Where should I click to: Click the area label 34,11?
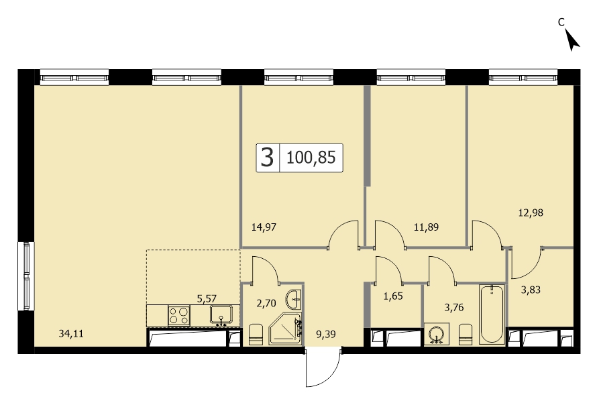coord(71,334)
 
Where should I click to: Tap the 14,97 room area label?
coord(264,227)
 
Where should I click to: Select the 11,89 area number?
coord(426,227)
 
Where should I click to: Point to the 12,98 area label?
coord(531,213)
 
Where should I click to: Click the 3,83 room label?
coord(531,290)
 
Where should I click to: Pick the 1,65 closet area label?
coord(393,296)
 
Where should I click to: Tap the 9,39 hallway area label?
coord(325,335)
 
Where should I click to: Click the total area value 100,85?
coord(311,158)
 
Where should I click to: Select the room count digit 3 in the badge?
coord(268,158)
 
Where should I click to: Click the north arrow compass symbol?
coord(572,40)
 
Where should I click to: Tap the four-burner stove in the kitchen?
coord(179,316)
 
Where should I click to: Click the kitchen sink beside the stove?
coord(221,315)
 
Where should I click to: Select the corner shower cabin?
coord(285,329)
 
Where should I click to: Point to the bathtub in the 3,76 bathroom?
coord(492,314)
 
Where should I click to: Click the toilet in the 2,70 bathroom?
coord(256,335)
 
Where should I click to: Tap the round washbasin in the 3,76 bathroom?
coord(437,334)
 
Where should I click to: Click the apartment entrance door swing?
coord(323,367)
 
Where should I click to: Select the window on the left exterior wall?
coord(26,277)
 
